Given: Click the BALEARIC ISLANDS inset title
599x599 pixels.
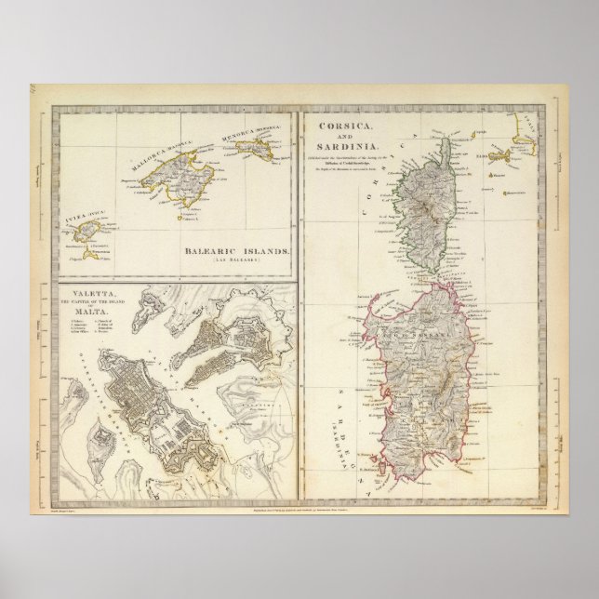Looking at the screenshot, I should coord(236,253).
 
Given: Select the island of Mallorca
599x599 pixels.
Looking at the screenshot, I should coord(181,177).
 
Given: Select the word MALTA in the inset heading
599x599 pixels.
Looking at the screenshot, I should coord(80,312).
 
